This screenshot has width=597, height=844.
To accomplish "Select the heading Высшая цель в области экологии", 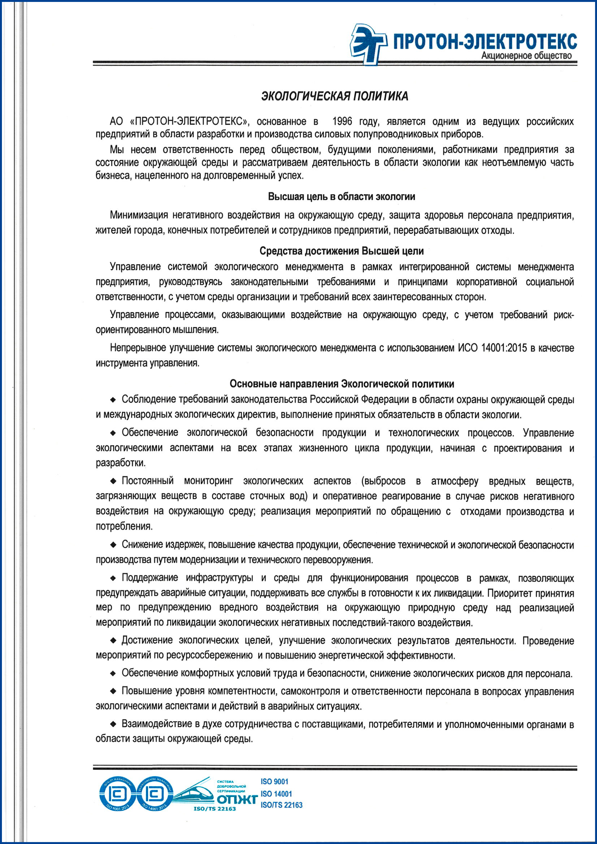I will click(341, 197).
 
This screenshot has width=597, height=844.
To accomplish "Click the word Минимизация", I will click(139, 215).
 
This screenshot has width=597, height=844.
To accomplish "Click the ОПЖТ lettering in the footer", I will click(236, 799).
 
